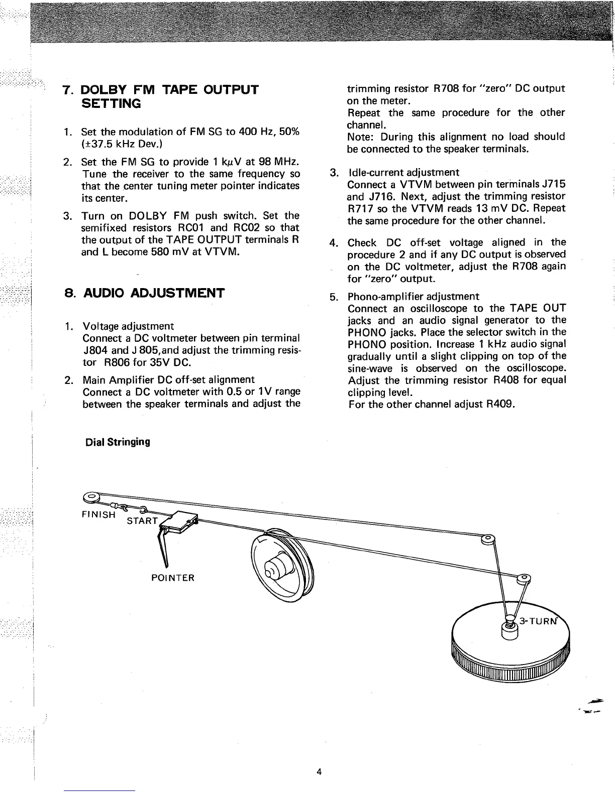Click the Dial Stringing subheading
point(118,442)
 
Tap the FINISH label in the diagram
point(98,514)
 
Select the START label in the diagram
point(143,520)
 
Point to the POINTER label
point(172,578)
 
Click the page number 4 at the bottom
point(319,771)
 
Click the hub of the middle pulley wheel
point(275,568)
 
